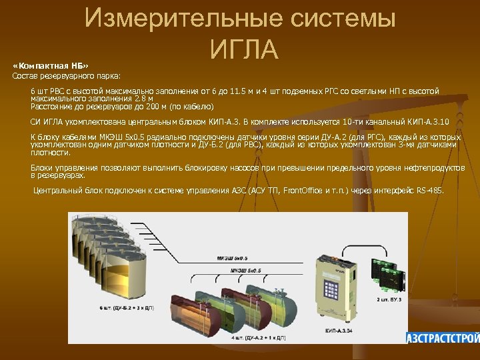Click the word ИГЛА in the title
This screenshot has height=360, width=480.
coord(243,48)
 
